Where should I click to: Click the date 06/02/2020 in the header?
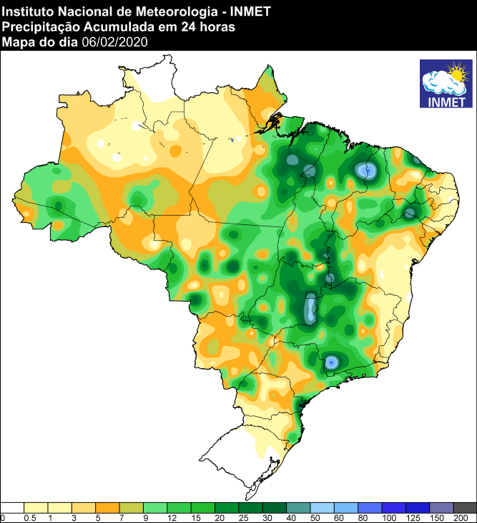pos(114,42)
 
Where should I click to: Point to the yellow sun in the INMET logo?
pos(455,73)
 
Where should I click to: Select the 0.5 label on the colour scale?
pos(31,517)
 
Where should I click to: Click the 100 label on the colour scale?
pos(388,517)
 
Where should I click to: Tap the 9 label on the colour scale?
pos(144,517)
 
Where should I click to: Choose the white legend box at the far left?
pos(13,507)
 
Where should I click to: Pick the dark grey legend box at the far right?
pos(465,507)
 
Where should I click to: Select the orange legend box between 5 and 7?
pos(108,507)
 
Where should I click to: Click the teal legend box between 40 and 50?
pos(298,507)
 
